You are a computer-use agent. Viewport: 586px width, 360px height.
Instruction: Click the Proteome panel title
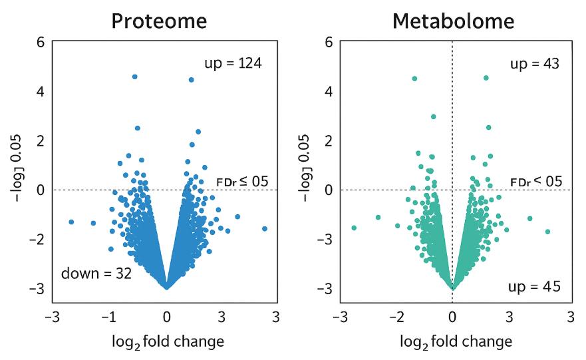[x=159, y=21]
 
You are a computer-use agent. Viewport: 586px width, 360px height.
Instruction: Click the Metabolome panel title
[x=453, y=21]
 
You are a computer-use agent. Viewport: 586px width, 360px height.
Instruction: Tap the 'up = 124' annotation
[x=233, y=64]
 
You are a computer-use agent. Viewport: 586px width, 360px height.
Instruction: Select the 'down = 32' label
[x=96, y=273]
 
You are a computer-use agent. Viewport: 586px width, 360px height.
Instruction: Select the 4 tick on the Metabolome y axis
[x=327, y=91]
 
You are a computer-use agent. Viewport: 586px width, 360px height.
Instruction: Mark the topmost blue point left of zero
[x=135, y=77]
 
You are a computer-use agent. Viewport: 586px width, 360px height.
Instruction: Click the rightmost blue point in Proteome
[x=265, y=228]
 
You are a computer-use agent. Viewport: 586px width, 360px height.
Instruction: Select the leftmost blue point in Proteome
[x=71, y=222]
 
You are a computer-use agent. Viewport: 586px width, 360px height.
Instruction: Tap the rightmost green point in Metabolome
[x=547, y=232]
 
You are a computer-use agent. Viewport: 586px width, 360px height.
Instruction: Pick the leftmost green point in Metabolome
[x=354, y=228]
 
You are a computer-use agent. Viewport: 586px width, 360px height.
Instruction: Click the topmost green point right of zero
[x=486, y=78]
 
